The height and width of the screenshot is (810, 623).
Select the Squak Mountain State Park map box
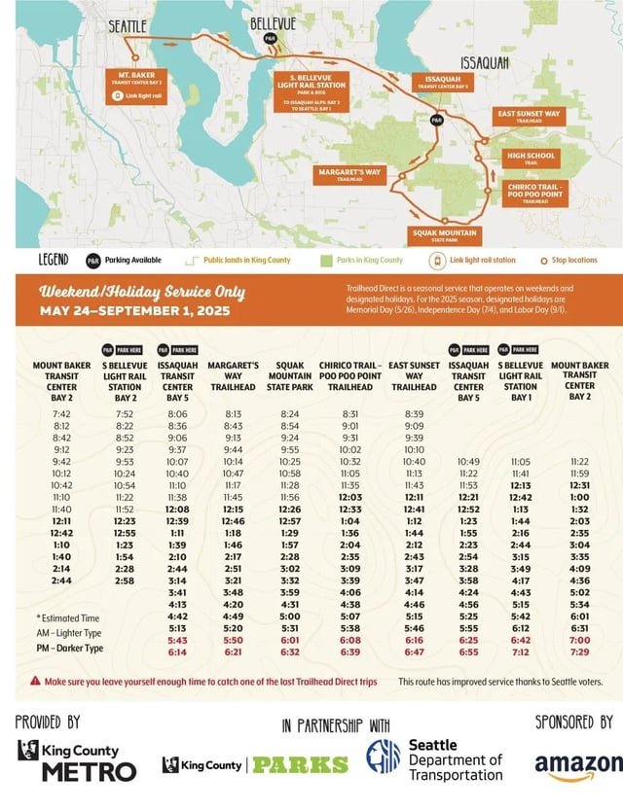[444, 235]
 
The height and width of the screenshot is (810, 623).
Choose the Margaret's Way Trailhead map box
[348, 175]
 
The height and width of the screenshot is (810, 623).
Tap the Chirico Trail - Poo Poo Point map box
[534, 193]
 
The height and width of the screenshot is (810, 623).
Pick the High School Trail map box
[530, 158]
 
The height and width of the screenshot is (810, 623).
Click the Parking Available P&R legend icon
[92, 261]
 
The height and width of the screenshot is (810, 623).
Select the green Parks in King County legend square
[327, 261]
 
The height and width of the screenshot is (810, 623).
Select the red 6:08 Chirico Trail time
[351, 640]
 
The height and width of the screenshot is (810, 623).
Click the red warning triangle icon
[35, 682]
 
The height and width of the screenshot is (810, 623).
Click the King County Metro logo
[78, 761]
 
